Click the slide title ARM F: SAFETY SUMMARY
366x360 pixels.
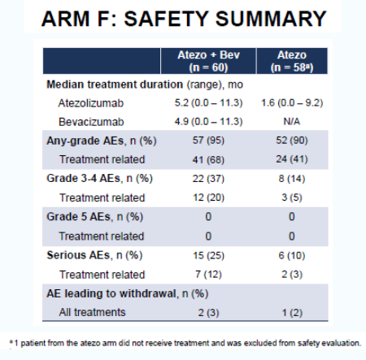point(184,19)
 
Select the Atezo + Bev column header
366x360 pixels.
point(208,61)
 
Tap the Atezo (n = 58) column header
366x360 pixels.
point(292,61)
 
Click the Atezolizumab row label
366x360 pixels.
point(91,103)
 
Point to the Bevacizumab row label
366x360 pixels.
point(91,122)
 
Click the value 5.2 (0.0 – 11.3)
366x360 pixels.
point(208,103)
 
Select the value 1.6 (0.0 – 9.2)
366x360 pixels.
point(292,103)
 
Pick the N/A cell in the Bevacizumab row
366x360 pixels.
point(292,122)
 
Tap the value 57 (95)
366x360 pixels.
point(208,141)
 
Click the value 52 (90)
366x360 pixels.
point(292,141)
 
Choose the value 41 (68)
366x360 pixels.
point(208,159)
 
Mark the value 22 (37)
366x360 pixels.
point(208,179)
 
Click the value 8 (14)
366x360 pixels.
point(292,179)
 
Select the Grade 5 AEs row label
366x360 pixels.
point(94,217)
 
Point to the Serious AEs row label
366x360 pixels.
point(94,255)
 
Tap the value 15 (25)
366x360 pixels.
point(208,255)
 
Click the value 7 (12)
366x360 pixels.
point(208,275)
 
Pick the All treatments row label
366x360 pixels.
point(92,312)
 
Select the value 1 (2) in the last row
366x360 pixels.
point(292,313)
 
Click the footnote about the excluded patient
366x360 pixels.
point(185,343)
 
